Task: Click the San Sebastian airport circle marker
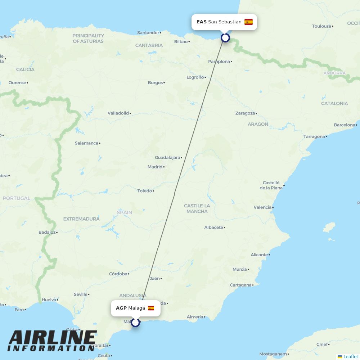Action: click(x=225, y=37)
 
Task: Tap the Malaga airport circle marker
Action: click(x=135, y=323)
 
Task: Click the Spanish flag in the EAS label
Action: click(x=248, y=22)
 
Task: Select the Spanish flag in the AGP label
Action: click(x=151, y=308)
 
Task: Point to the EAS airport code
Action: click(x=201, y=22)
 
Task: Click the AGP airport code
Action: click(x=121, y=308)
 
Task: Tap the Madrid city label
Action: click(x=155, y=167)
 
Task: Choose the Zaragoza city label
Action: click(x=245, y=113)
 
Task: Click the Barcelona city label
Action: click(x=344, y=125)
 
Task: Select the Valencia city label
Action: click(x=262, y=207)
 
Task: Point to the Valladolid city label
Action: click(x=118, y=113)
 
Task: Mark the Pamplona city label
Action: click(x=219, y=62)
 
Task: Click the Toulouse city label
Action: click(x=321, y=26)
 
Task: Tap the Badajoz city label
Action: click(x=47, y=232)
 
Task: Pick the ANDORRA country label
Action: click(x=334, y=73)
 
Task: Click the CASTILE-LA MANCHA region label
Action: click(x=197, y=208)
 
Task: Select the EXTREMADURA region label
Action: click(x=81, y=219)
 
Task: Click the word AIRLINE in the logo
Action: click(x=52, y=338)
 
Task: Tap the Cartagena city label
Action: click(x=240, y=285)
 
